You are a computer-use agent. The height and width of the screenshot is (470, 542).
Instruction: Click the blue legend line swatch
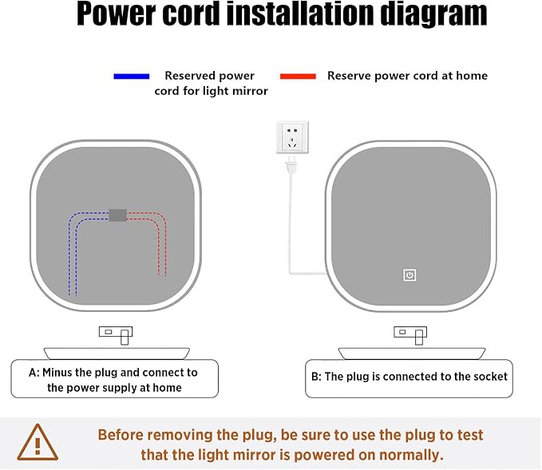click(132, 77)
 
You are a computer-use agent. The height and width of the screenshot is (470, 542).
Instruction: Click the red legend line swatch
click(298, 77)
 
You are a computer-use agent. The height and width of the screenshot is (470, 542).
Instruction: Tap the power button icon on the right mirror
click(409, 275)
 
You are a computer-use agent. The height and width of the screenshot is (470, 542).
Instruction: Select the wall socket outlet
click(292, 137)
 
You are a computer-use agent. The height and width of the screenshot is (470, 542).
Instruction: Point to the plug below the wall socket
click(291, 164)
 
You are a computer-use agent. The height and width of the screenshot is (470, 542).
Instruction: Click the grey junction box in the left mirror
click(118, 215)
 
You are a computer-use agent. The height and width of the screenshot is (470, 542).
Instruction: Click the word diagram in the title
click(433, 14)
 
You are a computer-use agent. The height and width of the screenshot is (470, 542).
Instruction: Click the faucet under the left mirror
click(116, 335)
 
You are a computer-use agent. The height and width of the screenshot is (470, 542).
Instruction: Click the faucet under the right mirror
click(410, 335)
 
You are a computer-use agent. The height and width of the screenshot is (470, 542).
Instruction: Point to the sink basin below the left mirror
click(117, 353)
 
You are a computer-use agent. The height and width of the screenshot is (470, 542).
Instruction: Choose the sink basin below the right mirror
click(412, 353)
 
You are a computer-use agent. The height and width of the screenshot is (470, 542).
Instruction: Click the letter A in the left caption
click(33, 373)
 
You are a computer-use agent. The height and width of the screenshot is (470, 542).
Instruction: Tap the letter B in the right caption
click(315, 377)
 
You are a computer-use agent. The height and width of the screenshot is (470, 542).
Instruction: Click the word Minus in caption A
click(57, 373)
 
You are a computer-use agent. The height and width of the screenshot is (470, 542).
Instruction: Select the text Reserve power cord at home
click(408, 76)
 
